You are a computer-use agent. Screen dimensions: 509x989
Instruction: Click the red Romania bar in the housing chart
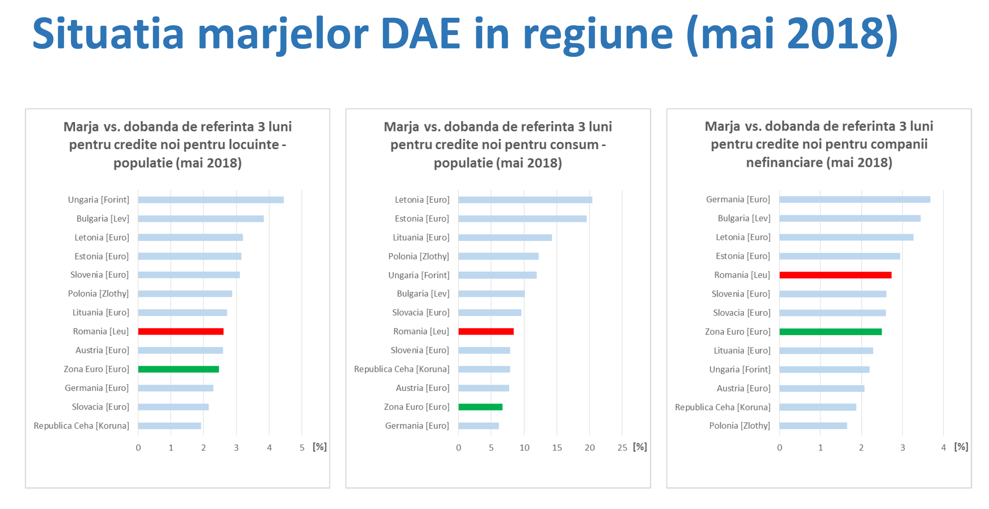click(181, 331)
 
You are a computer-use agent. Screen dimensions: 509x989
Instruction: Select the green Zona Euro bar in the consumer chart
click(480, 407)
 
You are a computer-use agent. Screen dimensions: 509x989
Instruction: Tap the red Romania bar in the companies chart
click(835, 275)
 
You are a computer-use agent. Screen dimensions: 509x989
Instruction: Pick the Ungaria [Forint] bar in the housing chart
click(211, 200)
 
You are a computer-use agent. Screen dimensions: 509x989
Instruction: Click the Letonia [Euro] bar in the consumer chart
click(525, 200)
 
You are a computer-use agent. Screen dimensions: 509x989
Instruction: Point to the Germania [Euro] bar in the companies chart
click(854, 199)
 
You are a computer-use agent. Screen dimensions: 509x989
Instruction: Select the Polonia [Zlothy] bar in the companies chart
click(813, 426)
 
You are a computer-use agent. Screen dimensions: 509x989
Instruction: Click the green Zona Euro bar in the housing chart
click(178, 369)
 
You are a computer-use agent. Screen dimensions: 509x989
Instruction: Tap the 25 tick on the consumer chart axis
click(622, 448)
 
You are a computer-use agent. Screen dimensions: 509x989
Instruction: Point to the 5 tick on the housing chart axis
click(302, 448)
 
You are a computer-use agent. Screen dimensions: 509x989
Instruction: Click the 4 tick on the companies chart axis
click(943, 448)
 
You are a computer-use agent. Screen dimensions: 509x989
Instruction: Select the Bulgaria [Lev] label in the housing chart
click(103, 219)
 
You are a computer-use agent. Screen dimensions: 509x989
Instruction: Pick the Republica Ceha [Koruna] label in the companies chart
click(722, 407)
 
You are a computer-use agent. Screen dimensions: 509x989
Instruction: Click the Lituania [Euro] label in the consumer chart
click(421, 237)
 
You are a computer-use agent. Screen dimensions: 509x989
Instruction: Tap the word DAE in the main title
click(420, 34)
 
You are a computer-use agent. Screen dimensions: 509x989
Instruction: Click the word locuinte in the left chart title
click(253, 145)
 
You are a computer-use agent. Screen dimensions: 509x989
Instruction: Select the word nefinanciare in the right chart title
click(784, 162)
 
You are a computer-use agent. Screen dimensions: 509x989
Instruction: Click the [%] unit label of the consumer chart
click(640, 447)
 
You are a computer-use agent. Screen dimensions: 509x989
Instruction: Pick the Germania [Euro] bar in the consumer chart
click(479, 426)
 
